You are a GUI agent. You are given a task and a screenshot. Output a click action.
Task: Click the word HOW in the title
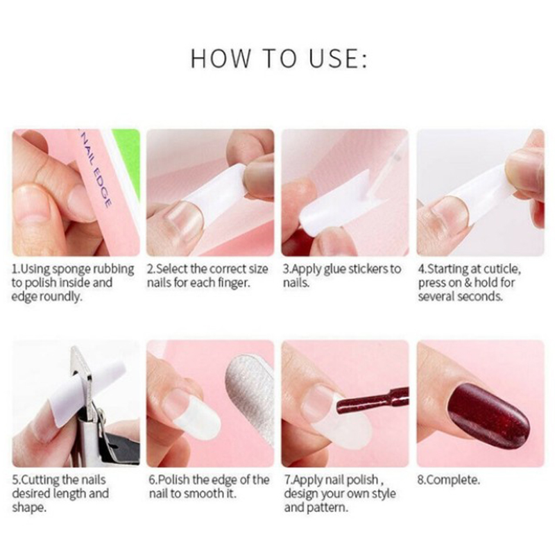(221, 58)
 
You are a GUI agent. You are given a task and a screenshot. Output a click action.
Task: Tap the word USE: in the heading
(339, 58)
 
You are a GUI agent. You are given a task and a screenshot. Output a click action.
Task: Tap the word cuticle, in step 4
(502, 269)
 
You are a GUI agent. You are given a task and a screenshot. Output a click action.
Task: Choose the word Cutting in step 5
(37, 480)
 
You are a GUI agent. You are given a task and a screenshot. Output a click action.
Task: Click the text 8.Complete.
(448, 480)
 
